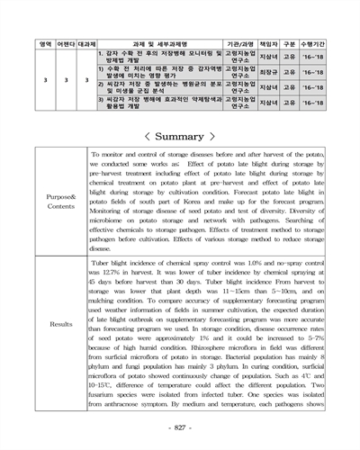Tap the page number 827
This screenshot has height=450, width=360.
pyautogui.click(x=180, y=427)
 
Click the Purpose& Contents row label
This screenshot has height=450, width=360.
pyautogui.click(x=62, y=201)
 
